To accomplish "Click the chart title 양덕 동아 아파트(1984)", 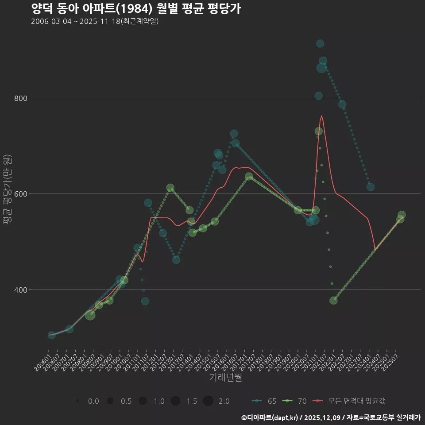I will [136, 8].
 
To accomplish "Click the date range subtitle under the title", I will [95, 21].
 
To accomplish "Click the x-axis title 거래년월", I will [225, 378].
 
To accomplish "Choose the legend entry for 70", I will [295, 401].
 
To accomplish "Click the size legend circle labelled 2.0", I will [208, 401].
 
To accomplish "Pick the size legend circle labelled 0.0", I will [77, 401].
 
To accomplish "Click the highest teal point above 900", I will [320, 43].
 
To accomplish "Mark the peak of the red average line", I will [321, 116].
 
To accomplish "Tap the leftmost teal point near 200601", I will [52, 335].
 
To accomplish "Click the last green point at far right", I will [402, 215].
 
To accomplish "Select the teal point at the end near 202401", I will [371, 187].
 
